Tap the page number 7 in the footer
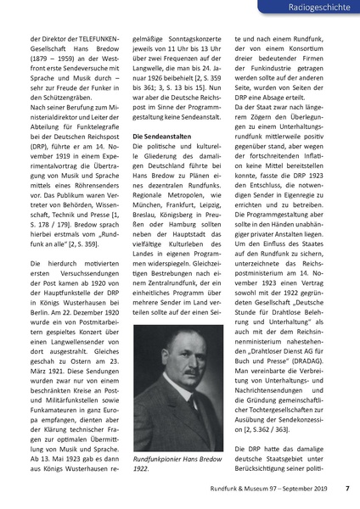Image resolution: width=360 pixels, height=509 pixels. [x=346, y=488]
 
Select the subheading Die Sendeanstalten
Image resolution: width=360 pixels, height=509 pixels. [x=160, y=135]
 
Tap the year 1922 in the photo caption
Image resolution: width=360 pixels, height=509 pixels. [x=142, y=469]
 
